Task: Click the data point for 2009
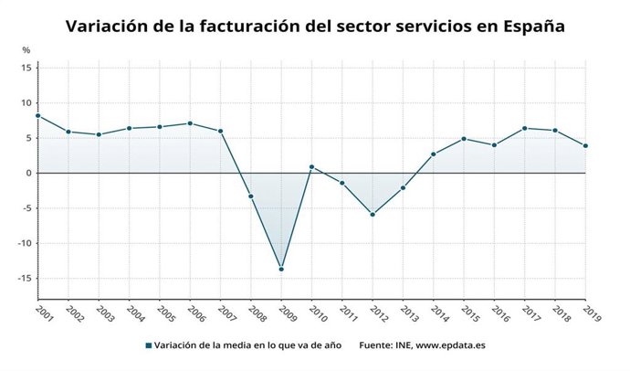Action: (281, 269)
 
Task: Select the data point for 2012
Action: (373, 214)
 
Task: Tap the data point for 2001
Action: (37, 115)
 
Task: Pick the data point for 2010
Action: (311, 167)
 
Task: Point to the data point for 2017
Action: (524, 128)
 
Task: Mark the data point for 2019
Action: (585, 145)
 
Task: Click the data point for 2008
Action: (250, 196)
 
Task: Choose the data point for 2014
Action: (433, 154)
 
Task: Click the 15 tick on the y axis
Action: (26, 68)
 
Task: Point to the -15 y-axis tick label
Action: (25, 279)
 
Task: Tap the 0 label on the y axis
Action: (29, 173)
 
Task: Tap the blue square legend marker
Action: (148, 345)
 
